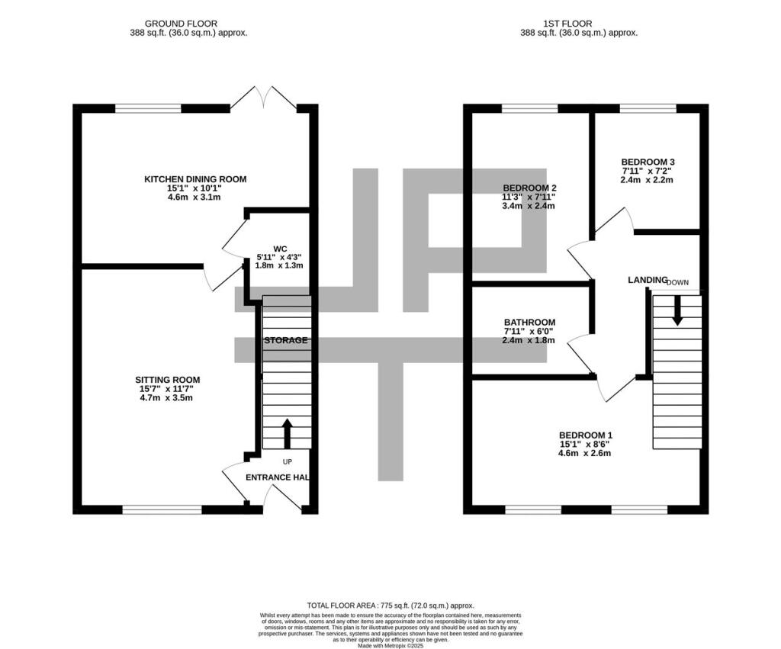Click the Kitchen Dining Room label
[x=195, y=179]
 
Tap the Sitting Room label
[x=168, y=379]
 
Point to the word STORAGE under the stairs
[x=286, y=340]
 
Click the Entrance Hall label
[x=277, y=477]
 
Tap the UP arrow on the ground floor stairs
[x=287, y=432]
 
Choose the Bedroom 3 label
[x=648, y=162]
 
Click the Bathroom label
[x=529, y=323]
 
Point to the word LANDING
[x=648, y=280]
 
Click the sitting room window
[x=161, y=509]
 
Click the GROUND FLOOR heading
[x=188, y=24]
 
